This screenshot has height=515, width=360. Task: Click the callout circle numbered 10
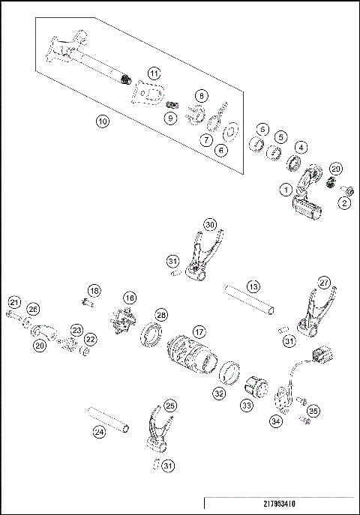[x=103, y=120]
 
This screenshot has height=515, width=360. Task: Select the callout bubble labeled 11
[x=153, y=73]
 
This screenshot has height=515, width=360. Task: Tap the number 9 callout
[x=171, y=118]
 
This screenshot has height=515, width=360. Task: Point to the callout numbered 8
[x=200, y=95]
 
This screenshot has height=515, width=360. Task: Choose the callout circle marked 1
[x=286, y=190]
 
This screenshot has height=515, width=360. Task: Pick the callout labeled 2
[x=344, y=202]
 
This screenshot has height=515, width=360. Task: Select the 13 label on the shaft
[x=253, y=287]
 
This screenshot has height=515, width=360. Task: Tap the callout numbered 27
[x=323, y=283]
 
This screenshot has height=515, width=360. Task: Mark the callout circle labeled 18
[x=94, y=290]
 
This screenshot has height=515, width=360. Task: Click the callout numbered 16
[x=130, y=298]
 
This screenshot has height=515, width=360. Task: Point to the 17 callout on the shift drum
[x=198, y=331]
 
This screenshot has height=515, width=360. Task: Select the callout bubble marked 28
[x=160, y=314]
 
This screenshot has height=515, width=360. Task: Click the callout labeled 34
[x=277, y=422]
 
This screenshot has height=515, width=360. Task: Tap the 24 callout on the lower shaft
[x=99, y=431]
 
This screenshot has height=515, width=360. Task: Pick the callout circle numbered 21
[x=13, y=302]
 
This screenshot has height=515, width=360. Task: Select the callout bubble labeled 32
[x=218, y=392]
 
